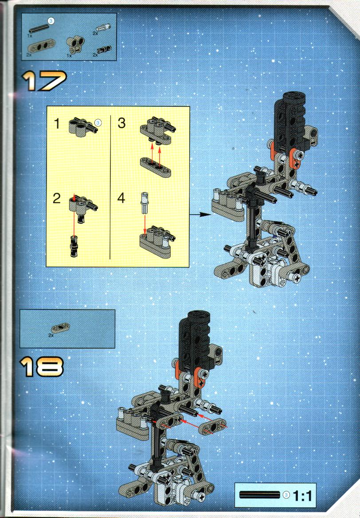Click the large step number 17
(44, 81)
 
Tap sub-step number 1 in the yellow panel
(57, 124)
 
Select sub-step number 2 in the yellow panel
(57, 198)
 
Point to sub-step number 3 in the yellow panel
(121, 123)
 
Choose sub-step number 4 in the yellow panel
(121, 198)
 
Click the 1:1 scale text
(302, 496)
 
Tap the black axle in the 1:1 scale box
(259, 495)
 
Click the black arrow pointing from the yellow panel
(200, 214)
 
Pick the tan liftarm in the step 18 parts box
(60, 328)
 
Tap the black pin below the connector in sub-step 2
(74, 247)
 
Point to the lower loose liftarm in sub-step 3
(156, 166)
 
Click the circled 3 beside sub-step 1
(98, 123)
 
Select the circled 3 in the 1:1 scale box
(286, 495)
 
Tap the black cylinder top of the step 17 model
(294, 97)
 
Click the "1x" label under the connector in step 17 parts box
(69, 56)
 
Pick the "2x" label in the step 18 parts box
(51, 335)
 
